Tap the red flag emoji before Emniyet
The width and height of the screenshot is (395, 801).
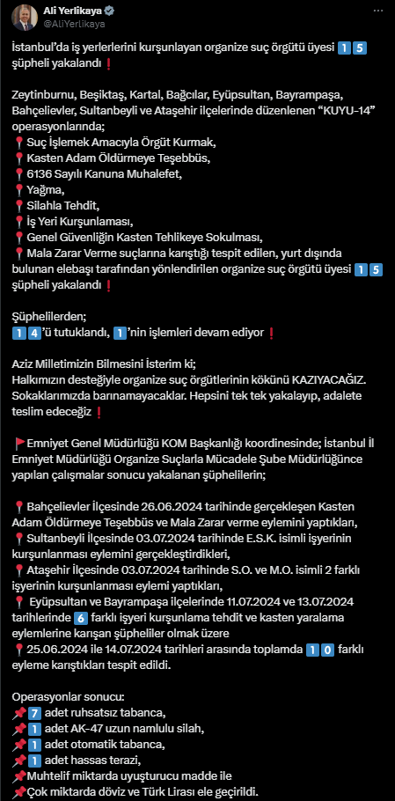[20, 443]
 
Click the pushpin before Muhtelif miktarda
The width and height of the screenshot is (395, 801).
[19, 775]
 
